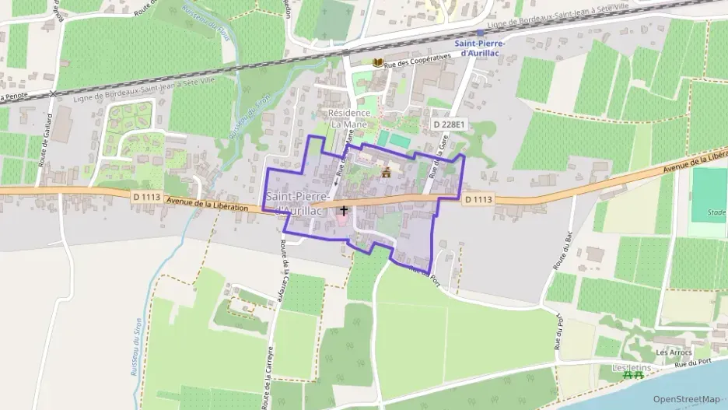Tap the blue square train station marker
480,33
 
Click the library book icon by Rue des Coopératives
378,62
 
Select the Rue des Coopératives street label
419,57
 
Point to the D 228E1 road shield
448,124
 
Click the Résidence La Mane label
349,118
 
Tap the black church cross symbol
344,211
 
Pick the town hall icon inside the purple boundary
385,173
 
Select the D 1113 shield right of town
478,200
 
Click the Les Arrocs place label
674,352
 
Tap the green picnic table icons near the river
633,375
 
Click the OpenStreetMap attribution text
687,399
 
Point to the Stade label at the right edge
717,212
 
